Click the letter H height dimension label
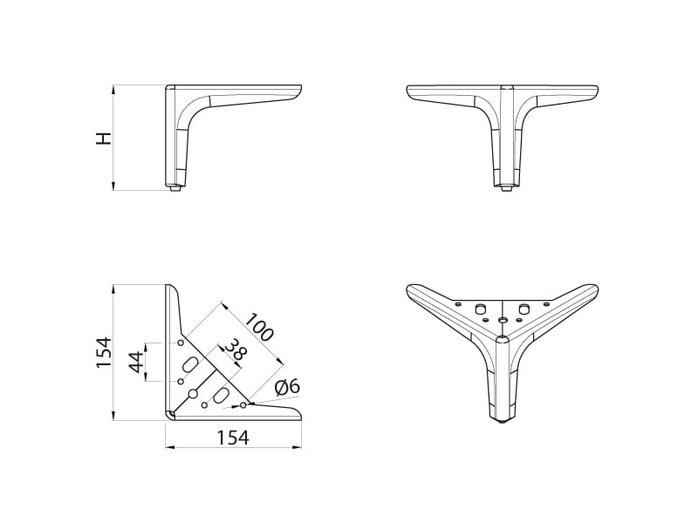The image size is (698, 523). [104, 139]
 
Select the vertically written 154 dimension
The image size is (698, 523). [104, 352]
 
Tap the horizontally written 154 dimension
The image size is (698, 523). [233, 438]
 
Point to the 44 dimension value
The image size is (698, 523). [137, 362]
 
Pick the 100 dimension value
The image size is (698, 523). [259, 328]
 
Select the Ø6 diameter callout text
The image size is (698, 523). [288, 387]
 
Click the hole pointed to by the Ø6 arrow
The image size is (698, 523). [243, 405]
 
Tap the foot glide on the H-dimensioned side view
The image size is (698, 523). [176, 188]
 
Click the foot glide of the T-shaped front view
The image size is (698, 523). [506, 188]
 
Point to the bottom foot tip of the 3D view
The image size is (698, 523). [503, 420]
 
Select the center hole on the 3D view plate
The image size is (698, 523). [503, 320]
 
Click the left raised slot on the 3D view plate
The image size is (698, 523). [480, 308]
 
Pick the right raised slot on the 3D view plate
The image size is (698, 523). [524, 308]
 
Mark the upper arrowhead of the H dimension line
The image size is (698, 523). [113, 90]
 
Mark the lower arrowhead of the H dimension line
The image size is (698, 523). [113, 187]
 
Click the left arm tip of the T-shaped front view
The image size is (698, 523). [408, 90]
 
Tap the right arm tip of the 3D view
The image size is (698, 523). [596, 289]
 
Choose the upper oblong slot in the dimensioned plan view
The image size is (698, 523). [189, 363]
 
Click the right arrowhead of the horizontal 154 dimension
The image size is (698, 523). [298, 447]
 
